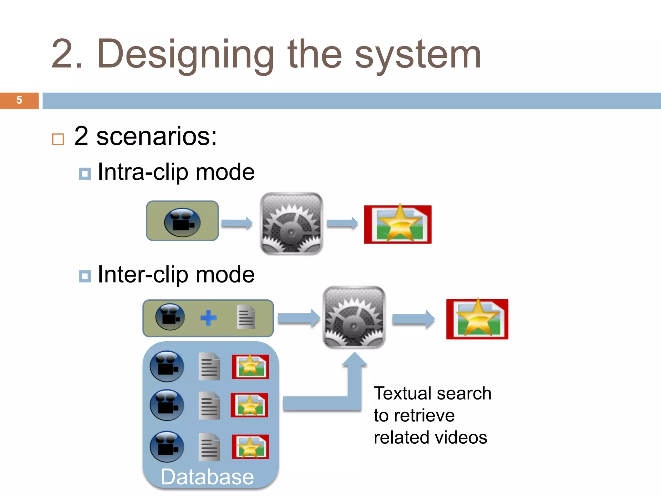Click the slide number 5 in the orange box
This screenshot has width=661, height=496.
pyautogui.click(x=19, y=100)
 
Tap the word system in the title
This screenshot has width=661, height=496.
pyautogui.click(x=418, y=55)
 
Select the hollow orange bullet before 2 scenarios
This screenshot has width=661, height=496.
pyautogui.click(x=58, y=139)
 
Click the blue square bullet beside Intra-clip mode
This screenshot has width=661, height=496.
pyautogui.click(x=85, y=174)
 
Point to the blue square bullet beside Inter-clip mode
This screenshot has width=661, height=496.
pyautogui.click(x=85, y=276)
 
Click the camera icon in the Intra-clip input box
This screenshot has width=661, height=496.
pyautogui.click(x=182, y=222)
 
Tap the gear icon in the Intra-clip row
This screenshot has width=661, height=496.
pyautogui.click(x=291, y=223)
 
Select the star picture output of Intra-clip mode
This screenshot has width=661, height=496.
pyautogui.click(x=398, y=224)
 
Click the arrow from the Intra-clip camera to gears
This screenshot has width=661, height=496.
pyautogui.click(x=237, y=223)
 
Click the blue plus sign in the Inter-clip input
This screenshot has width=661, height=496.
pyautogui.click(x=208, y=318)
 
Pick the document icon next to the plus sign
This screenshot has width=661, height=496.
pyautogui.click(x=246, y=317)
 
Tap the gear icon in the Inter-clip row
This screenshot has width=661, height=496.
pyautogui.click(x=354, y=317)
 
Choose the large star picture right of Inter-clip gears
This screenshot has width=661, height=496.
pyautogui.click(x=477, y=319)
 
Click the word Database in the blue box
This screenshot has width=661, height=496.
pyautogui.click(x=207, y=477)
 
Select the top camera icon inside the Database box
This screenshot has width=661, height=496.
pyautogui.click(x=167, y=367)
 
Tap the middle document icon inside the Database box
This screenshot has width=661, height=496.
pyautogui.click(x=209, y=406)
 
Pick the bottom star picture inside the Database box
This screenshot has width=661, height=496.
pyautogui.click(x=250, y=447)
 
